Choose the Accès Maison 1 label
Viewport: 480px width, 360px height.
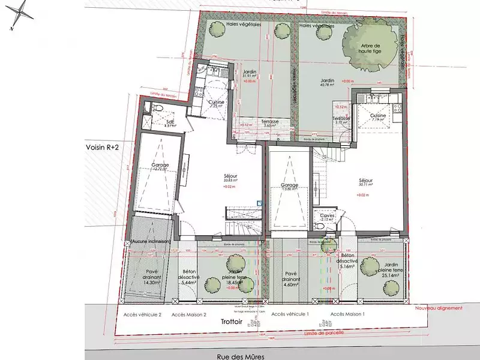click(347, 314)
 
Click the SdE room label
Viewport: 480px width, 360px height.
click(171, 123)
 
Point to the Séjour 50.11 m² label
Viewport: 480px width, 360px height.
click(366, 182)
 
